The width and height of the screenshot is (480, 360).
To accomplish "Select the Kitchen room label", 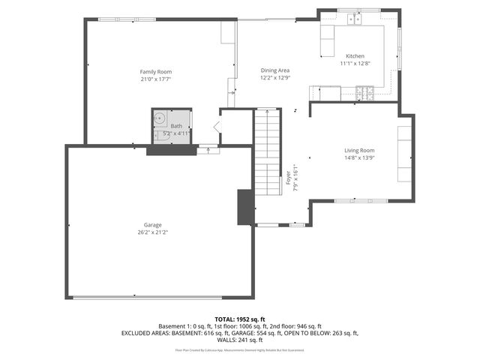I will point(355,56).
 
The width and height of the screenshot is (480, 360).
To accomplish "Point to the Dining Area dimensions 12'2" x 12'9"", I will point(275,77).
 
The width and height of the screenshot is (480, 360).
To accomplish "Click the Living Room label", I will point(359,150).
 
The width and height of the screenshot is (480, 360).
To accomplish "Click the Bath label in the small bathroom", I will point(176,126).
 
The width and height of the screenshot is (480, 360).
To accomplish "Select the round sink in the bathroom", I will point(160,117).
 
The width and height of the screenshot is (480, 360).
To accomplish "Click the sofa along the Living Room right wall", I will point(404,154).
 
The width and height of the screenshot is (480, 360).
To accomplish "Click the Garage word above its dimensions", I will point(153,225).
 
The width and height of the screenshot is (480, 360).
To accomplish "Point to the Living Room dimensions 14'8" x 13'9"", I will point(359,157).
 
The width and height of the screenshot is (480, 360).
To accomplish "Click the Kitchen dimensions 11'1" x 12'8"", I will point(355,64).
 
